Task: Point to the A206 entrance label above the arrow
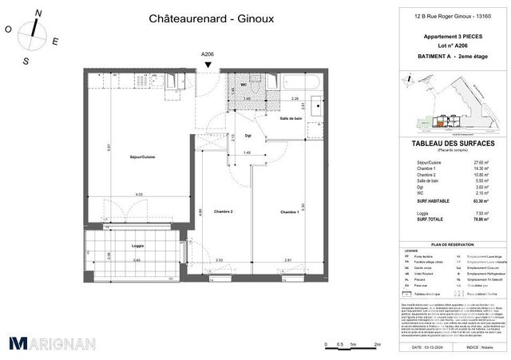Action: pyautogui.click(x=207, y=54)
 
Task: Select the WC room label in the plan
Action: pyautogui.click(x=244, y=85)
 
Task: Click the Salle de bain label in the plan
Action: pyautogui.click(x=291, y=119)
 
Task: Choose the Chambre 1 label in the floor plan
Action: pyautogui.click(x=289, y=211)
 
